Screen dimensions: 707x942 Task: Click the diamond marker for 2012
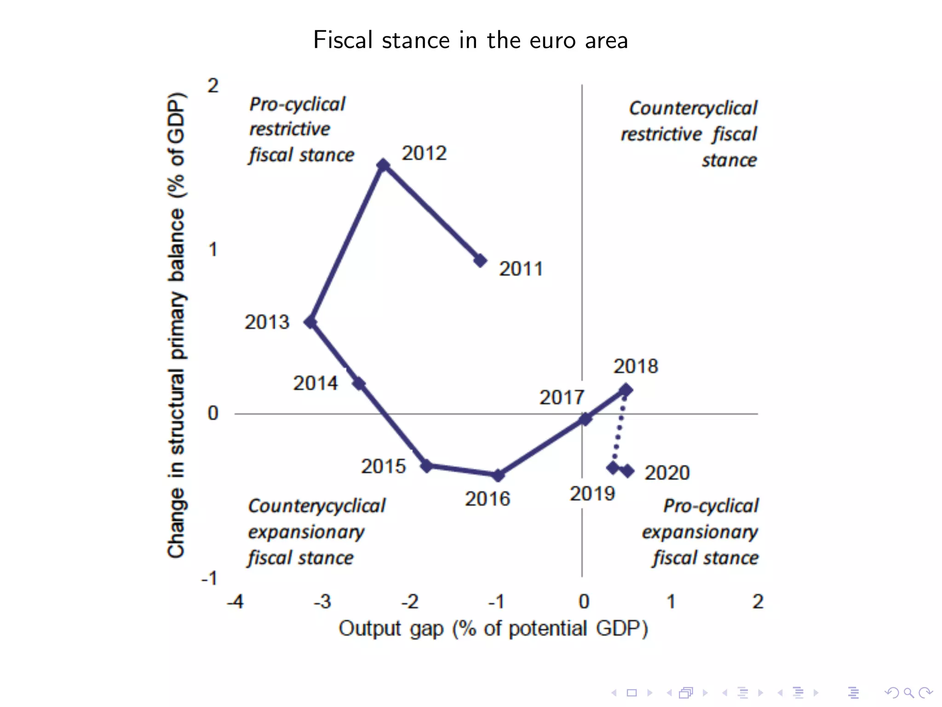[383, 165]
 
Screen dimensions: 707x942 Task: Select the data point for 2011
[480, 261]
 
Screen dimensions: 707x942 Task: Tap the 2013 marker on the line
[311, 322]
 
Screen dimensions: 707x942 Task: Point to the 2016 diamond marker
[498, 475]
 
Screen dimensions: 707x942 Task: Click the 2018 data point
[626, 390]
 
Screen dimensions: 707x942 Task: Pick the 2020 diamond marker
[628, 470]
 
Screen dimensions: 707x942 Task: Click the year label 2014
[316, 383]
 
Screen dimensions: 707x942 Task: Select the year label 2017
[562, 398]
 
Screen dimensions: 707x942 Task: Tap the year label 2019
[592, 494]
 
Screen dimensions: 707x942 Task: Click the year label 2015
[383, 466]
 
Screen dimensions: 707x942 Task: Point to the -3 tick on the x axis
[322, 602]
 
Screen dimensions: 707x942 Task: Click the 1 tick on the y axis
[213, 250]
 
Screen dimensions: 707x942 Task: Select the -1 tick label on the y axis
[209, 578]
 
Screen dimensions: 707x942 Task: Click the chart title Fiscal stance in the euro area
[471, 40]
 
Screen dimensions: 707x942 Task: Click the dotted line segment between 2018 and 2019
[619, 428]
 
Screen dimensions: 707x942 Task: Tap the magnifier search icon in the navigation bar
[908, 693]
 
